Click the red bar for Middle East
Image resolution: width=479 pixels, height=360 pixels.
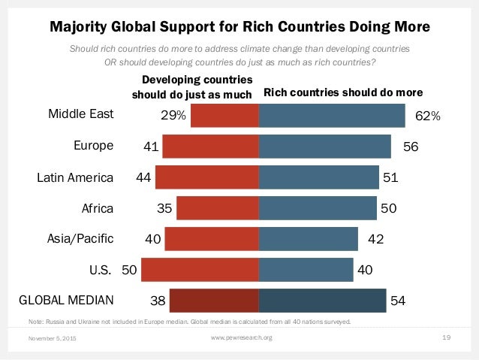[224, 116]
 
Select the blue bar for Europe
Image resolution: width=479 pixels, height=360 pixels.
[324, 147]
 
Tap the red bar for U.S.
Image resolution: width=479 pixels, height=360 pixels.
[200, 269]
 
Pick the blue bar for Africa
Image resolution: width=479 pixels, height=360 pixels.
[317, 208]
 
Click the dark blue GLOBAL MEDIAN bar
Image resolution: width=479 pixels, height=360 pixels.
[322, 301]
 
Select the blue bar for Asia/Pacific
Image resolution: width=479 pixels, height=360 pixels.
[308, 239]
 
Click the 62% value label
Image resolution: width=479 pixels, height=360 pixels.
[427, 116]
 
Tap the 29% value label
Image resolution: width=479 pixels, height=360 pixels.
[173, 116]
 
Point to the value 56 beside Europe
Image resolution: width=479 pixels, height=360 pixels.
[410, 147]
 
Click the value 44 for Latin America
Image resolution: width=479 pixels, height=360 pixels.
[144, 178]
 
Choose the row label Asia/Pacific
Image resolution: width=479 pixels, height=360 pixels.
[80, 239]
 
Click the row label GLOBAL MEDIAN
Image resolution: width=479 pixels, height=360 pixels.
[66, 301]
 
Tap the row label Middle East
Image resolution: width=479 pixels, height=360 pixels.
[80, 115]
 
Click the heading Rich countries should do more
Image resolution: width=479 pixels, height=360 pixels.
[343, 93]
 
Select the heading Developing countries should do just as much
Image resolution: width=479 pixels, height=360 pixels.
[192, 87]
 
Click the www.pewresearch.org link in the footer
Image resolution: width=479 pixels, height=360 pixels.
[242, 338]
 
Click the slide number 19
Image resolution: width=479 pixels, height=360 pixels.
[446, 338]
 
